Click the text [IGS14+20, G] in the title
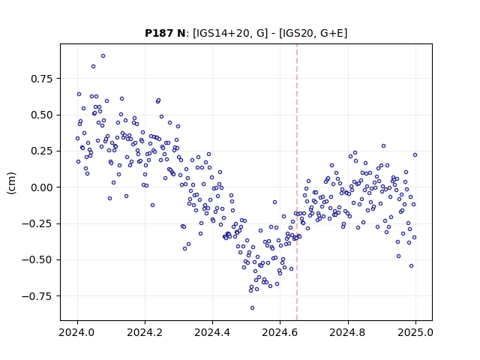(x=230, y=33)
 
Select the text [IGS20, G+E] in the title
(x=313, y=33)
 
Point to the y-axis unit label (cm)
(x=11, y=183)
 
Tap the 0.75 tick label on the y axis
(x=42, y=79)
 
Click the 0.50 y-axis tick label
(x=42, y=115)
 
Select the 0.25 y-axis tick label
(x=42, y=151)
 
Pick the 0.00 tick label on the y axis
(x=42, y=187)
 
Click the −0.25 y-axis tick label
(x=37, y=223)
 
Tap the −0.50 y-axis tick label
(x=37, y=260)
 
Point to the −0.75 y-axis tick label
(x=37, y=296)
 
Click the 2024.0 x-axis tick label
(x=77, y=332)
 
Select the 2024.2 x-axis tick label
(x=145, y=332)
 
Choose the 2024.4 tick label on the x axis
(x=212, y=332)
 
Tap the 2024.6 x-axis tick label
(x=280, y=332)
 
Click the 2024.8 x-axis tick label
(x=348, y=332)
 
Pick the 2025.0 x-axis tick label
(x=415, y=332)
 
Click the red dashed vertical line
(x=297, y=182)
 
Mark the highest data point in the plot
(x=103, y=56)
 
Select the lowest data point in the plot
(x=252, y=308)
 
